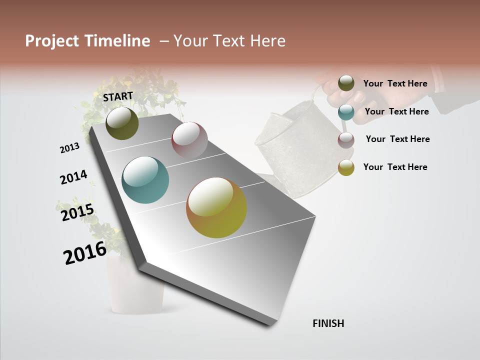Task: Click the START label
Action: [118, 96]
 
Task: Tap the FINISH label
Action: [328, 323]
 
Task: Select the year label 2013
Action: [70, 148]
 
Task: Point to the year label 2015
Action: [77, 212]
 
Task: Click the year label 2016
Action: [85, 253]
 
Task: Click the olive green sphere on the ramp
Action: [122, 123]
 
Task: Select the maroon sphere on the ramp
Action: [189, 140]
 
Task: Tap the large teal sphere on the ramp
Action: [145, 180]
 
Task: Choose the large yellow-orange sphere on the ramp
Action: [216, 207]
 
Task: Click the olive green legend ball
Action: [346, 83]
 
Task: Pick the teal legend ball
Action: [346, 112]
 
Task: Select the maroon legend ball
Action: [346, 139]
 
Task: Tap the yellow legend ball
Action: [346, 167]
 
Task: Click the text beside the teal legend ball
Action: [396, 111]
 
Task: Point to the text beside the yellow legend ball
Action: [395, 167]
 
